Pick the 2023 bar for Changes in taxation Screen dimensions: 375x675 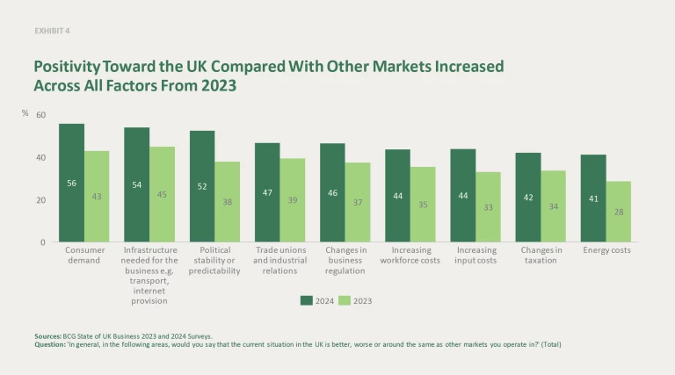(x=553, y=206)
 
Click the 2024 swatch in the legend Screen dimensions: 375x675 (x=306, y=300)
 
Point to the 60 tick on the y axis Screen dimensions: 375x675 (x=40, y=116)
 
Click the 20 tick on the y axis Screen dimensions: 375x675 (x=40, y=200)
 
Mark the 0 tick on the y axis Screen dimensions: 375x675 (x=42, y=242)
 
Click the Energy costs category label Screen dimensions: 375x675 (x=606, y=250)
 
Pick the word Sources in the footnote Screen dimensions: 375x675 (x=48, y=335)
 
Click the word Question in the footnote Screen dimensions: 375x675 (x=50, y=344)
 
